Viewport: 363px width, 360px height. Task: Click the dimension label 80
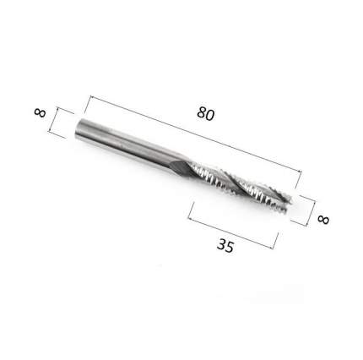205,114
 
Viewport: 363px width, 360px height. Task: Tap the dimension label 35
225,246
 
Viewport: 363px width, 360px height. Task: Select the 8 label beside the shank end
40,112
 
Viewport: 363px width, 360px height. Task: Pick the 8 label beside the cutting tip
323,220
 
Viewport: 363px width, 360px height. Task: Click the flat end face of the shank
79,128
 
